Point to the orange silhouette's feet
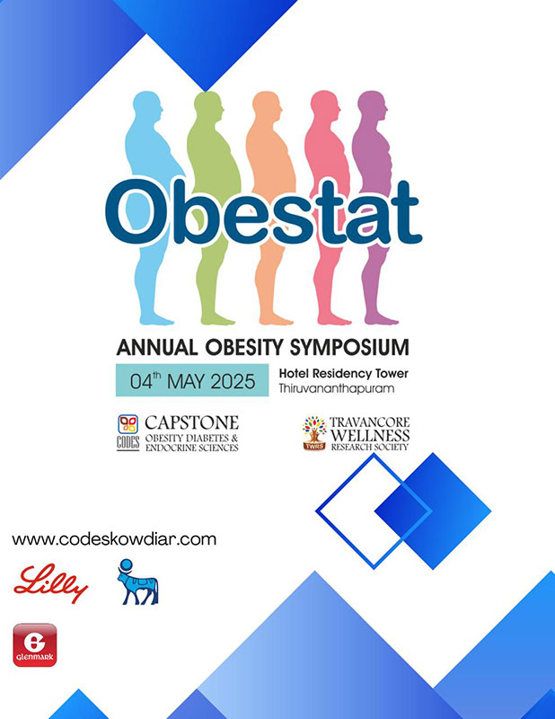tap(275, 320)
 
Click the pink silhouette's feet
tap(334, 320)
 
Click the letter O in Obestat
tap(138, 212)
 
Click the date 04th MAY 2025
tap(192, 380)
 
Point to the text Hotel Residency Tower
tap(343, 374)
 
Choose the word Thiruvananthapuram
tap(337, 389)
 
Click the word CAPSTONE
tap(191, 422)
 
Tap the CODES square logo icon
tap(128, 424)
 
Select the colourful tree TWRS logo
tap(314, 433)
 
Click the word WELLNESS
tap(370, 435)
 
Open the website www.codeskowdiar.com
tap(114, 539)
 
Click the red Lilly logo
tap(50, 582)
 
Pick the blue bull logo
tap(138, 581)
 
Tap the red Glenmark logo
tap(35, 644)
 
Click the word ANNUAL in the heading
tap(157, 348)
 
